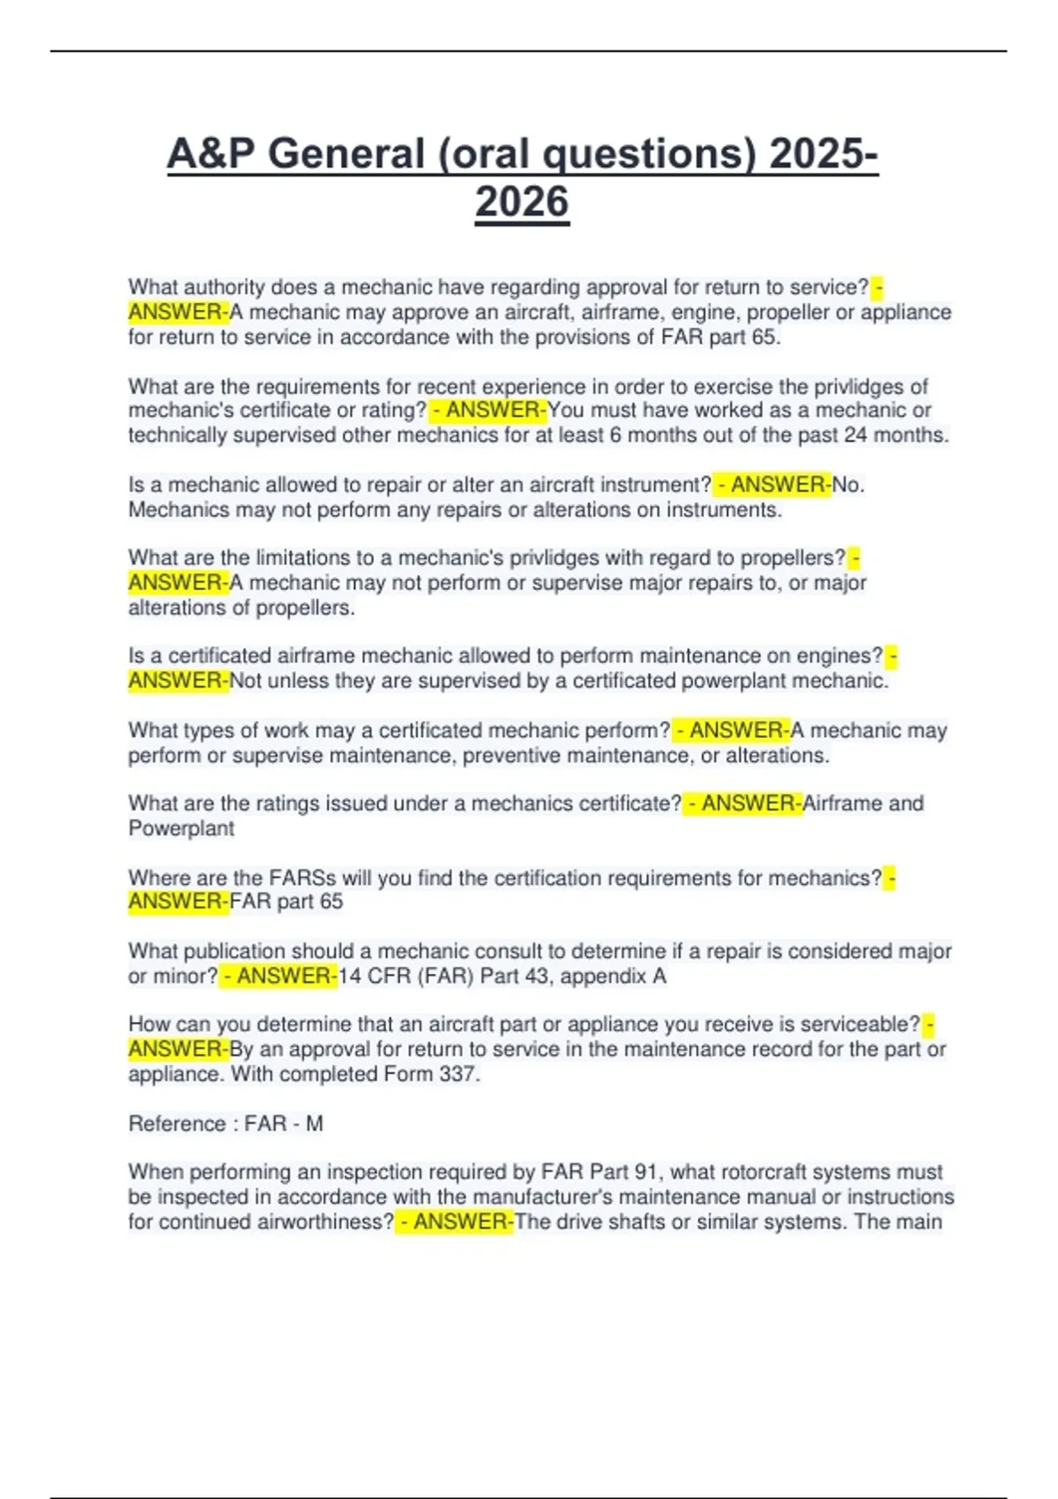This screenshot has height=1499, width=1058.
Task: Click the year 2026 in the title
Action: click(x=522, y=202)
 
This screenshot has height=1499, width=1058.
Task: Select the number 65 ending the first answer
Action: click(x=765, y=337)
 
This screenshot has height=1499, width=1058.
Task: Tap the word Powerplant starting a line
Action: click(x=182, y=828)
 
